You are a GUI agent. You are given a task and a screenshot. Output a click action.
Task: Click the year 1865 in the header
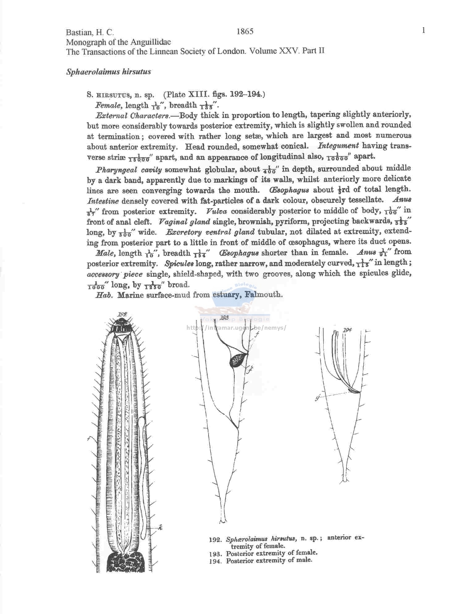tap(245, 32)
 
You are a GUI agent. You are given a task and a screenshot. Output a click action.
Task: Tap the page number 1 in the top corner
tap(424, 30)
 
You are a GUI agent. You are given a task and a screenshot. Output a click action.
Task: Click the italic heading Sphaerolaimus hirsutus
tap(108, 72)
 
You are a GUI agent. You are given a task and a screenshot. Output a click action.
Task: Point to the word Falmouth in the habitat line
tap(263, 294)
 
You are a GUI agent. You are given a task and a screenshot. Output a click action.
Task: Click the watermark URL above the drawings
tap(236, 328)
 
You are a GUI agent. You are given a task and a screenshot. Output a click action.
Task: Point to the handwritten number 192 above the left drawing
tap(122, 315)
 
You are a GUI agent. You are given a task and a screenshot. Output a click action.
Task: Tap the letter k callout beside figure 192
tap(160, 528)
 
